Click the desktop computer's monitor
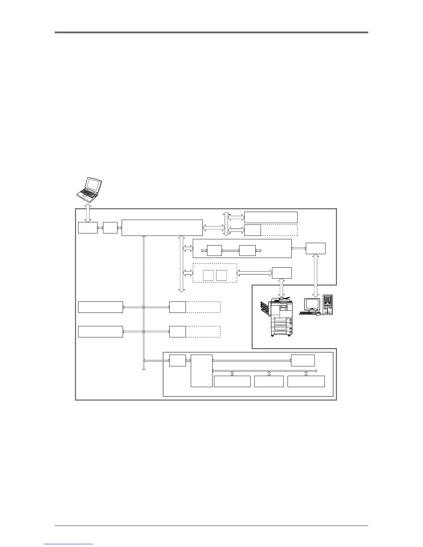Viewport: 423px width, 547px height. pyautogui.click(x=312, y=304)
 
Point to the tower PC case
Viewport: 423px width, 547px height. pyautogui.click(x=328, y=304)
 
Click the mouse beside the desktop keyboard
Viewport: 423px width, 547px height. pyautogui.click(x=319, y=314)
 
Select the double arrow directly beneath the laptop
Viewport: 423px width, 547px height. pyautogui.click(x=88, y=213)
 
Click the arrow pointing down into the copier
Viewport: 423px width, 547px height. pyautogui.click(x=282, y=287)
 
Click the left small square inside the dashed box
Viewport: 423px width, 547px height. pyautogui.click(x=208, y=275)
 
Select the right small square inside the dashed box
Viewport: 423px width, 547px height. pyautogui.click(x=222, y=275)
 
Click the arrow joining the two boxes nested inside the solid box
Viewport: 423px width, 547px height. pyautogui.click(x=230, y=251)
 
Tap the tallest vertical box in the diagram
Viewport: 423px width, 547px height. pyautogui.click(x=201, y=371)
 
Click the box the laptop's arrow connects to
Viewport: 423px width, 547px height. pyautogui.click(x=87, y=228)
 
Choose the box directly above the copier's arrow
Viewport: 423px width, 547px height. pyautogui.click(x=282, y=273)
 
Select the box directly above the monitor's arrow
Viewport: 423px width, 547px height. pyautogui.click(x=315, y=248)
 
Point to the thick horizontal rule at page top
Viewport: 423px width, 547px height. pyautogui.click(x=211, y=32)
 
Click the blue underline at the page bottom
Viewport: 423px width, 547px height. pyautogui.click(x=69, y=544)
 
